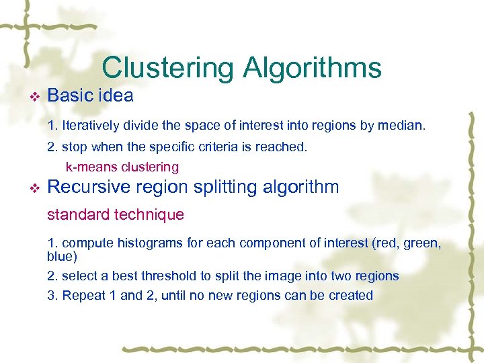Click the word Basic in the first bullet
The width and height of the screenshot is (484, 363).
[x=69, y=96]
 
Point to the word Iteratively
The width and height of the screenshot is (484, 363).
[x=92, y=125]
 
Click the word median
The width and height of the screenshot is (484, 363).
[x=403, y=125]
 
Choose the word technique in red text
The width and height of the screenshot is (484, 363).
[x=149, y=215]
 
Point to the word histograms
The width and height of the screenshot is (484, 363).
[x=149, y=243]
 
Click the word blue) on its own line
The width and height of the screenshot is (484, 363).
[x=62, y=257]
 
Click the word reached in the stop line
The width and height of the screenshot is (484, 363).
[x=284, y=147]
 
